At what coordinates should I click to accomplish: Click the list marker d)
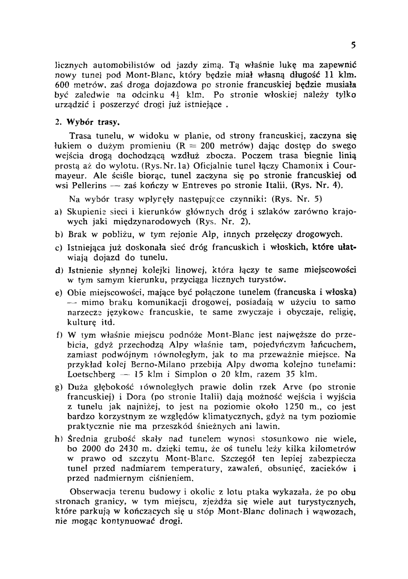click(x=58, y=270)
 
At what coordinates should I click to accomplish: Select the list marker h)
click(x=58, y=439)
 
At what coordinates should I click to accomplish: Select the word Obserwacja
click(x=93, y=491)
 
